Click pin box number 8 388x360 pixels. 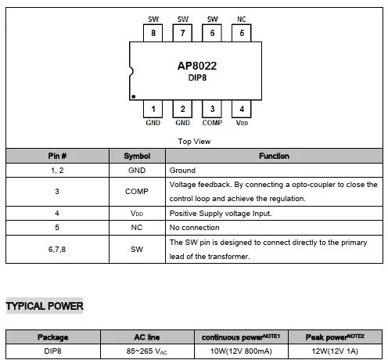pyautogui.click(x=153, y=33)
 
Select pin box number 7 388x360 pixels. pyautogui.click(x=182, y=33)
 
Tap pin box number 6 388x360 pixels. pyautogui.click(x=212, y=33)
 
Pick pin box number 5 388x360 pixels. pyautogui.click(x=242, y=33)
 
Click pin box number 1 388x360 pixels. pyautogui.click(x=153, y=110)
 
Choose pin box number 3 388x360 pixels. pyautogui.click(x=212, y=110)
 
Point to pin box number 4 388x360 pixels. pyautogui.click(x=242, y=110)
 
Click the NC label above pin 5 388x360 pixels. pyautogui.click(x=242, y=19)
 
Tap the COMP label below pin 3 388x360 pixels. pyautogui.click(x=212, y=123)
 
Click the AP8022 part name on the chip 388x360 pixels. pyautogui.click(x=197, y=67)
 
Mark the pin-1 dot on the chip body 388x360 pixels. pyautogui.click(x=134, y=96)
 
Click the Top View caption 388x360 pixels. pyautogui.click(x=195, y=142)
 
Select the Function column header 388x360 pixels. pyautogui.click(x=274, y=157)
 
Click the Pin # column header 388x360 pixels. pyautogui.click(x=57, y=157)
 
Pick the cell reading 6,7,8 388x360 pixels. pyautogui.click(x=57, y=249)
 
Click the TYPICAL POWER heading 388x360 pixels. pyautogui.click(x=45, y=306)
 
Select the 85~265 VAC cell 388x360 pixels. pyautogui.click(x=148, y=351)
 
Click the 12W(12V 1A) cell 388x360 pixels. pyautogui.click(x=335, y=351)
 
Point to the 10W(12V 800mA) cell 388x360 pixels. pyautogui.click(x=240, y=351)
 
